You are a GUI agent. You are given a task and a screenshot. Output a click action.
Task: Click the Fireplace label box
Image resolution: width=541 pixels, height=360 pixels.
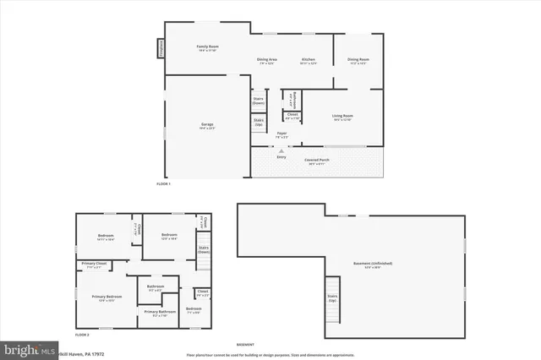pyautogui.click(x=158, y=49)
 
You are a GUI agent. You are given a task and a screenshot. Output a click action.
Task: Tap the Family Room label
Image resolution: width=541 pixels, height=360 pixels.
pyautogui.click(x=207, y=48)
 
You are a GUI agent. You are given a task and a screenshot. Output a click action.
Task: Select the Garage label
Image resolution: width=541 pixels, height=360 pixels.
pyautogui.click(x=207, y=127)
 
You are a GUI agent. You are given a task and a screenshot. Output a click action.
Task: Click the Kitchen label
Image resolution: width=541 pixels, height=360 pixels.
pyautogui.click(x=309, y=61)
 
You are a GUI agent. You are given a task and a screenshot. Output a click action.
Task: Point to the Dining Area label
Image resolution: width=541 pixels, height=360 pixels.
pyautogui.click(x=268, y=61)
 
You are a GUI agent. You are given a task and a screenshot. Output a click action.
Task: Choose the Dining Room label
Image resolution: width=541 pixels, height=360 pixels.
pyautogui.click(x=358, y=61)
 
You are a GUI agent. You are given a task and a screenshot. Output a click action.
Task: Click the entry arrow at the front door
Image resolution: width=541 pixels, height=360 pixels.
pyautogui.click(x=281, y=150)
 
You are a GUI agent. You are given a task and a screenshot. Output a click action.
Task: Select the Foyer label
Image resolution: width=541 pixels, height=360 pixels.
pyautogui.click(x=281, y=134)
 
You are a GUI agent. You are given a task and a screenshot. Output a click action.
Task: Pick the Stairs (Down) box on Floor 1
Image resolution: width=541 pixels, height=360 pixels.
pyautogui.click(x=259, y=100)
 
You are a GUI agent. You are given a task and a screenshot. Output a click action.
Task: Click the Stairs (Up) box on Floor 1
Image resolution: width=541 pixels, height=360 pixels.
pyautogui.click(x=259, y=122)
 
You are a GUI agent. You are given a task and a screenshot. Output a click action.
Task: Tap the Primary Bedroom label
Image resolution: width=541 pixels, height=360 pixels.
pyautogui.click(x=107, y=298)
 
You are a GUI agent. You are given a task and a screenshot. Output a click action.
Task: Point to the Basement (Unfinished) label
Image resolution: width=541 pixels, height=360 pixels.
pyautogui.click(x=372, y=265)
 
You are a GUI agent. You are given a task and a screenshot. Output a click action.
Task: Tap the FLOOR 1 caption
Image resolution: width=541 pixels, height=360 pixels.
pyautogui.click(x=163, y=183)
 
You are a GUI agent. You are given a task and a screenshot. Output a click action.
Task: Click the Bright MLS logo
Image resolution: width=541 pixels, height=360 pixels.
pyautogui.click(x=29, y=348)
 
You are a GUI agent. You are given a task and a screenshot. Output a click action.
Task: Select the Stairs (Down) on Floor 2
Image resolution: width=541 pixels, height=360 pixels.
pyautogui.click(x=204, y=250)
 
